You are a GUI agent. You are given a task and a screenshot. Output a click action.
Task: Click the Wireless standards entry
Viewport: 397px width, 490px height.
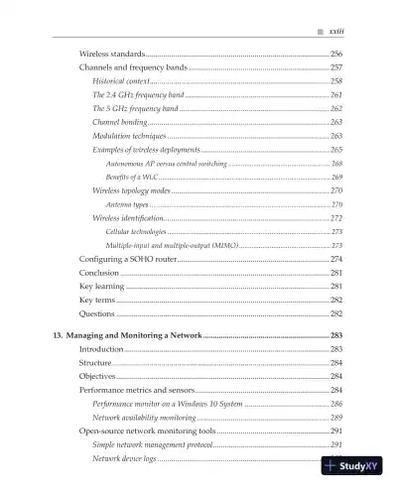pos(111,53)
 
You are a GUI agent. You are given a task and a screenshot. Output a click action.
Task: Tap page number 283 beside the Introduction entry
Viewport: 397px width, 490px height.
pos(336,350)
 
